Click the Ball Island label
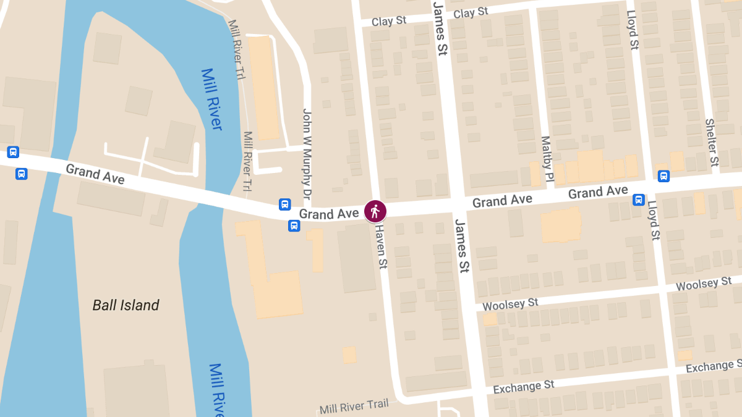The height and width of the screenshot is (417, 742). (126, 305)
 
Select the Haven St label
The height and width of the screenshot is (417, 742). (381, 245)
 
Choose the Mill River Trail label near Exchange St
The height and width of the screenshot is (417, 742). (354, 407)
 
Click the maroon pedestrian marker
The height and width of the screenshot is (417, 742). (375, 212)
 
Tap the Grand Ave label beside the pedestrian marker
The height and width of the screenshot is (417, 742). (329, 214)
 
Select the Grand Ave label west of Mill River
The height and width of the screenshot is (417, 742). (95, 174)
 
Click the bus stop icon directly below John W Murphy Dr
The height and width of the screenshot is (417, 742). (284, 204)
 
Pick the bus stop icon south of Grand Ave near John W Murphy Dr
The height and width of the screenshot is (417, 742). (294, 226)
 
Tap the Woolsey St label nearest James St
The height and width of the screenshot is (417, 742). (510, 305)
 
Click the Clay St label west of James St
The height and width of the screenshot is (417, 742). (389, 21)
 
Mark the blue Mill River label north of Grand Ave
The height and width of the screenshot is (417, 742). (211, 99)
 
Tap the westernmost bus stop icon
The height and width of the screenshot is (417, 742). (13, 152)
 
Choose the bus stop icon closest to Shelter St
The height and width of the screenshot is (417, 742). (663, 176)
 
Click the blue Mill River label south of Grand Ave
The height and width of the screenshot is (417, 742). (216, 389)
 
